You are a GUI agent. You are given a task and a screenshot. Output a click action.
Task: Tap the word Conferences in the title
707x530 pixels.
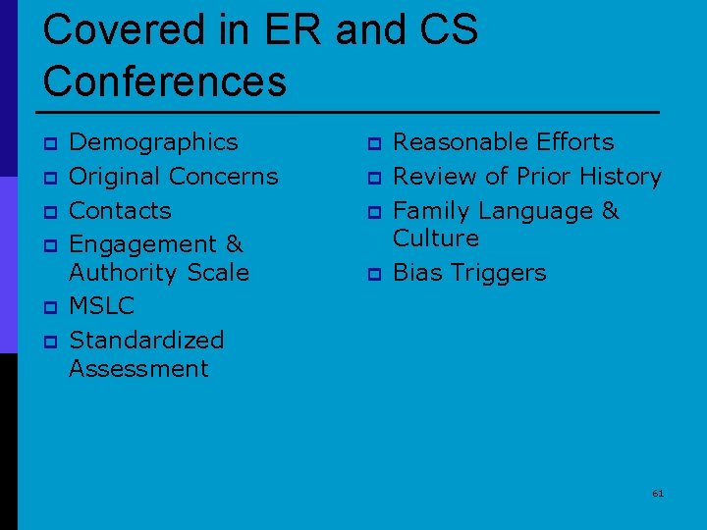164,80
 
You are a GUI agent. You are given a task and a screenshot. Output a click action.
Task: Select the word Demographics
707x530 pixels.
153,142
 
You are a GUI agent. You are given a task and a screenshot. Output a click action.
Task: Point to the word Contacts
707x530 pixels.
120,210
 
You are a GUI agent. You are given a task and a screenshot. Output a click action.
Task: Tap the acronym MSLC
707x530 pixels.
101,306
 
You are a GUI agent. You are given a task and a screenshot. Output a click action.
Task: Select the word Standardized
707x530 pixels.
146,341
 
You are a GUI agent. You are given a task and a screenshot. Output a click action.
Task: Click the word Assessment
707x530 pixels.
138,369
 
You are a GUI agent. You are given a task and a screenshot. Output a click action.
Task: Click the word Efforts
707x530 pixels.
575,142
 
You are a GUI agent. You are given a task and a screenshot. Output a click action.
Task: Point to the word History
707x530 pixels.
621,177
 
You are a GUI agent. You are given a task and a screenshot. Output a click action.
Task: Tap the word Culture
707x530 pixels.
435,238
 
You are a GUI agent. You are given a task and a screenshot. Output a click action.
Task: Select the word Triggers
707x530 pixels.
500,273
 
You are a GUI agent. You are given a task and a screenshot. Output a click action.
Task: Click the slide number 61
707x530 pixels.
658,493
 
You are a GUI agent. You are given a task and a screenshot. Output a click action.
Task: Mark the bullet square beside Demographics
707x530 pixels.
48,144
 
